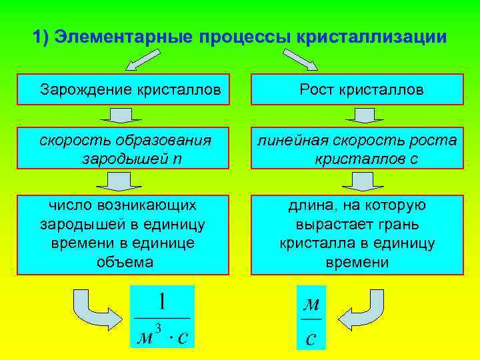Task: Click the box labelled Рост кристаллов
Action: (x=357, y=89)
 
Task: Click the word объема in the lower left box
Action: (x=123, y=262)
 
